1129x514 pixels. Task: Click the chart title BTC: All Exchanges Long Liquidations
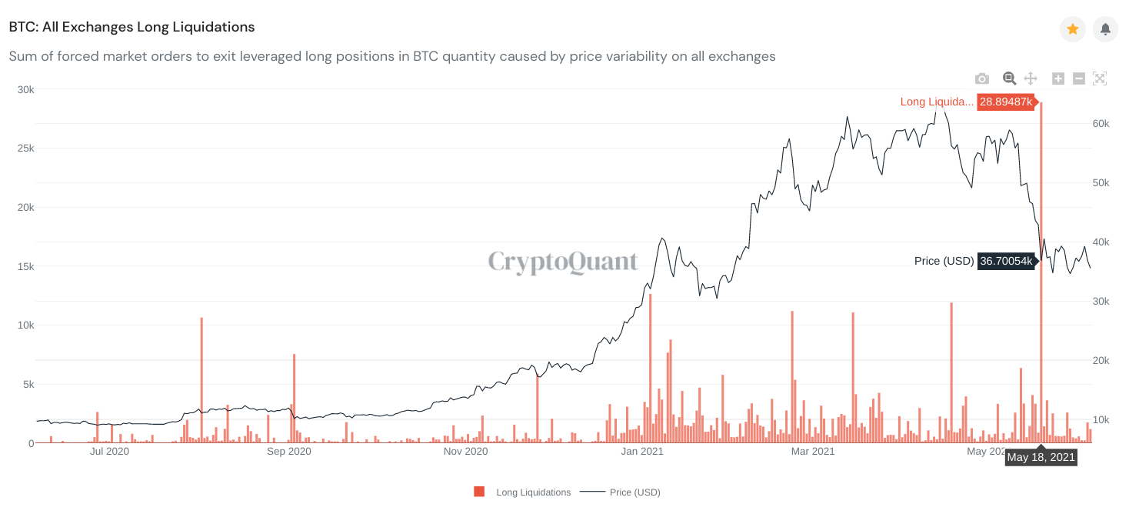click(x=132, y=27)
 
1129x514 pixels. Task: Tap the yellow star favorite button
click(x=1072, y=29)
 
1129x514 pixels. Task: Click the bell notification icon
click(x=1105, y=29)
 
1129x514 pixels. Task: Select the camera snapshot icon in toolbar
click(x=981, y=78)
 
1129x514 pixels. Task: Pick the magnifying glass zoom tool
click(x=1009, y=78)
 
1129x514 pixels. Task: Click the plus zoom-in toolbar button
click(x=1057, y=78)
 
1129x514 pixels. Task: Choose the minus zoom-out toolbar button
click(x=1078, y=78)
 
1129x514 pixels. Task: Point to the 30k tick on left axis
click(x=25, y=89)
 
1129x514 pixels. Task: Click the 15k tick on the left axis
click(x=25, y=266)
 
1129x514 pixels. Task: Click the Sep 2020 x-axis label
click(x=288, y=452)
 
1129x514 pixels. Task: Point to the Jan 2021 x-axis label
click(x=641, y=452)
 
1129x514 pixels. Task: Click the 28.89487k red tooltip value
click(x=1005, y=102)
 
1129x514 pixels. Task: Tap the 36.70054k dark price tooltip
click(x=1005, y=261)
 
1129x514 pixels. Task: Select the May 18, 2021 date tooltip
click(x=1041, y=457)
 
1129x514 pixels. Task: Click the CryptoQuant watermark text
click(x=563, y=262)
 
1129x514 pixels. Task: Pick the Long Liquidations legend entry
click(x=532, y=492)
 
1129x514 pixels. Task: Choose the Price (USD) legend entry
click(x=634, y=492)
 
